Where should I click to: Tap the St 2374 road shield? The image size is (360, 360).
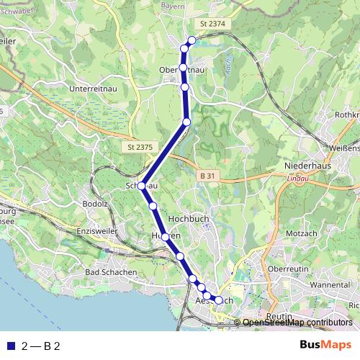213,24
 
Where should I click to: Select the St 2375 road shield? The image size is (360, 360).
135,147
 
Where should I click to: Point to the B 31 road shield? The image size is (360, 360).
207,176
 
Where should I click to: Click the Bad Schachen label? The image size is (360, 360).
111,272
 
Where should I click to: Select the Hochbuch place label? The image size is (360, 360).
187,217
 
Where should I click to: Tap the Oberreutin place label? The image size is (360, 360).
288,269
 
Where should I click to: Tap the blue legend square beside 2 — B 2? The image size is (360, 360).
9,346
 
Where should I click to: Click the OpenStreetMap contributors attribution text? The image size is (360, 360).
297,323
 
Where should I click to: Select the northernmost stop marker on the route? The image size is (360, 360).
192,40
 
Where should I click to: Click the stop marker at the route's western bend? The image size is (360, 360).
142,186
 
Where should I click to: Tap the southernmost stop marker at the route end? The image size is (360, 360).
219,300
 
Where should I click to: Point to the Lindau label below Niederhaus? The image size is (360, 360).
296,177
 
